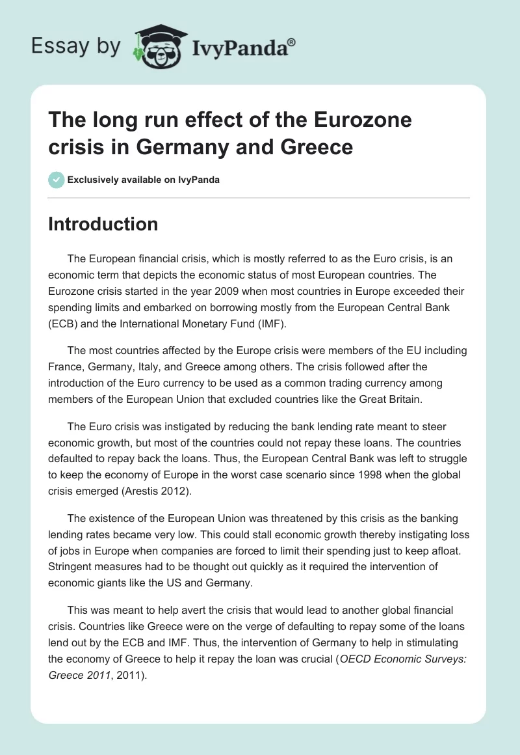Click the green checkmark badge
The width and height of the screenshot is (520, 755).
coord(57,180)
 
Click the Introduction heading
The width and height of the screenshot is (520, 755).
coord(103,224)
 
